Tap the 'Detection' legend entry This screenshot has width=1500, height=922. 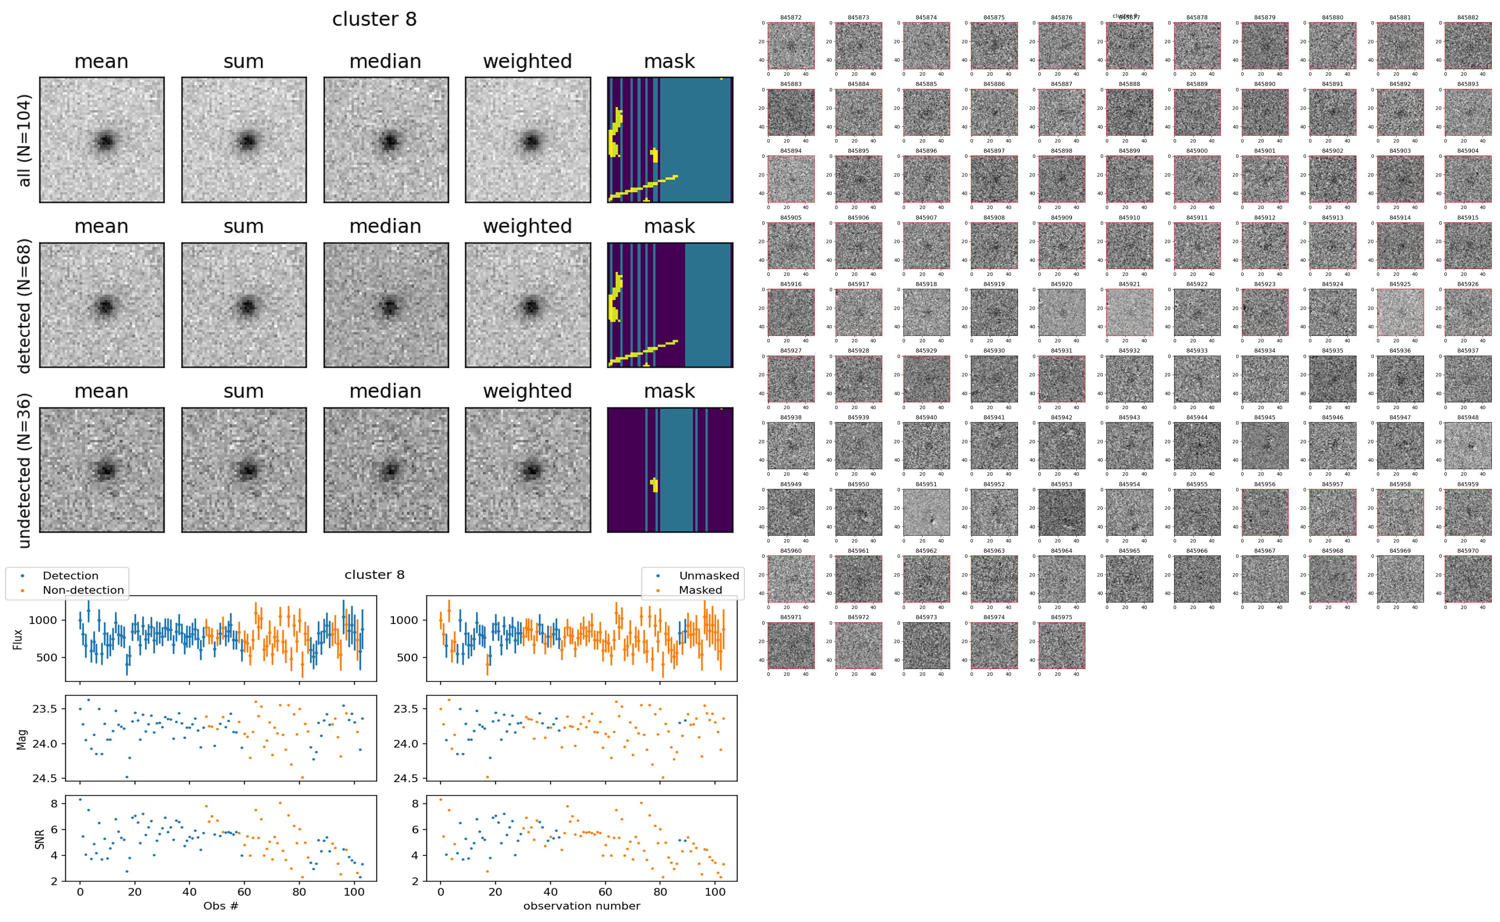[x=70, y=576]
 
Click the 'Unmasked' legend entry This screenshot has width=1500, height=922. [x=709, y=576]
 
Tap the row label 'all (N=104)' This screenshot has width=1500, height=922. [x=25, y=140]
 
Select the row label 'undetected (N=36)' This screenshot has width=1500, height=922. [x=25, y=471]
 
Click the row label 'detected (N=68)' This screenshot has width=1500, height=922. [x=25, y=306]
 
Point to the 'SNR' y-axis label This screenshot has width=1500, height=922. [x=40, y=838]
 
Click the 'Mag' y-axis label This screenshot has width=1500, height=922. [x=22, y=739]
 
